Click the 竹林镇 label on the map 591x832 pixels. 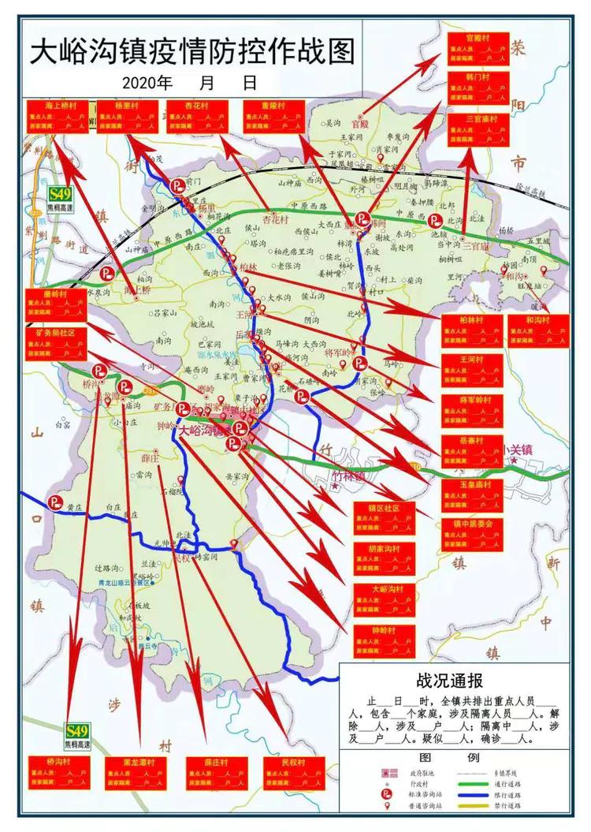349,476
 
